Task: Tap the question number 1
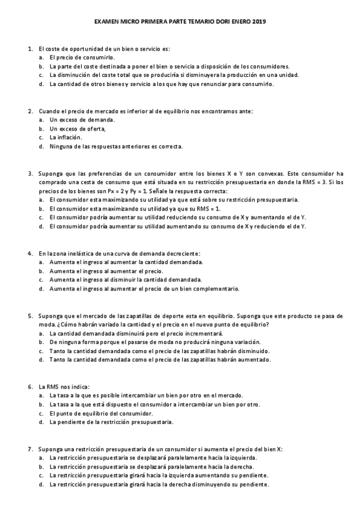point(29,48)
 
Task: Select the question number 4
point(29,253)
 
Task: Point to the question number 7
point(29,449)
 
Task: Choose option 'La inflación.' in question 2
point(66,137)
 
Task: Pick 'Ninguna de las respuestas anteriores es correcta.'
point(116,146)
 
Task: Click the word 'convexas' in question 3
point(273,173)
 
